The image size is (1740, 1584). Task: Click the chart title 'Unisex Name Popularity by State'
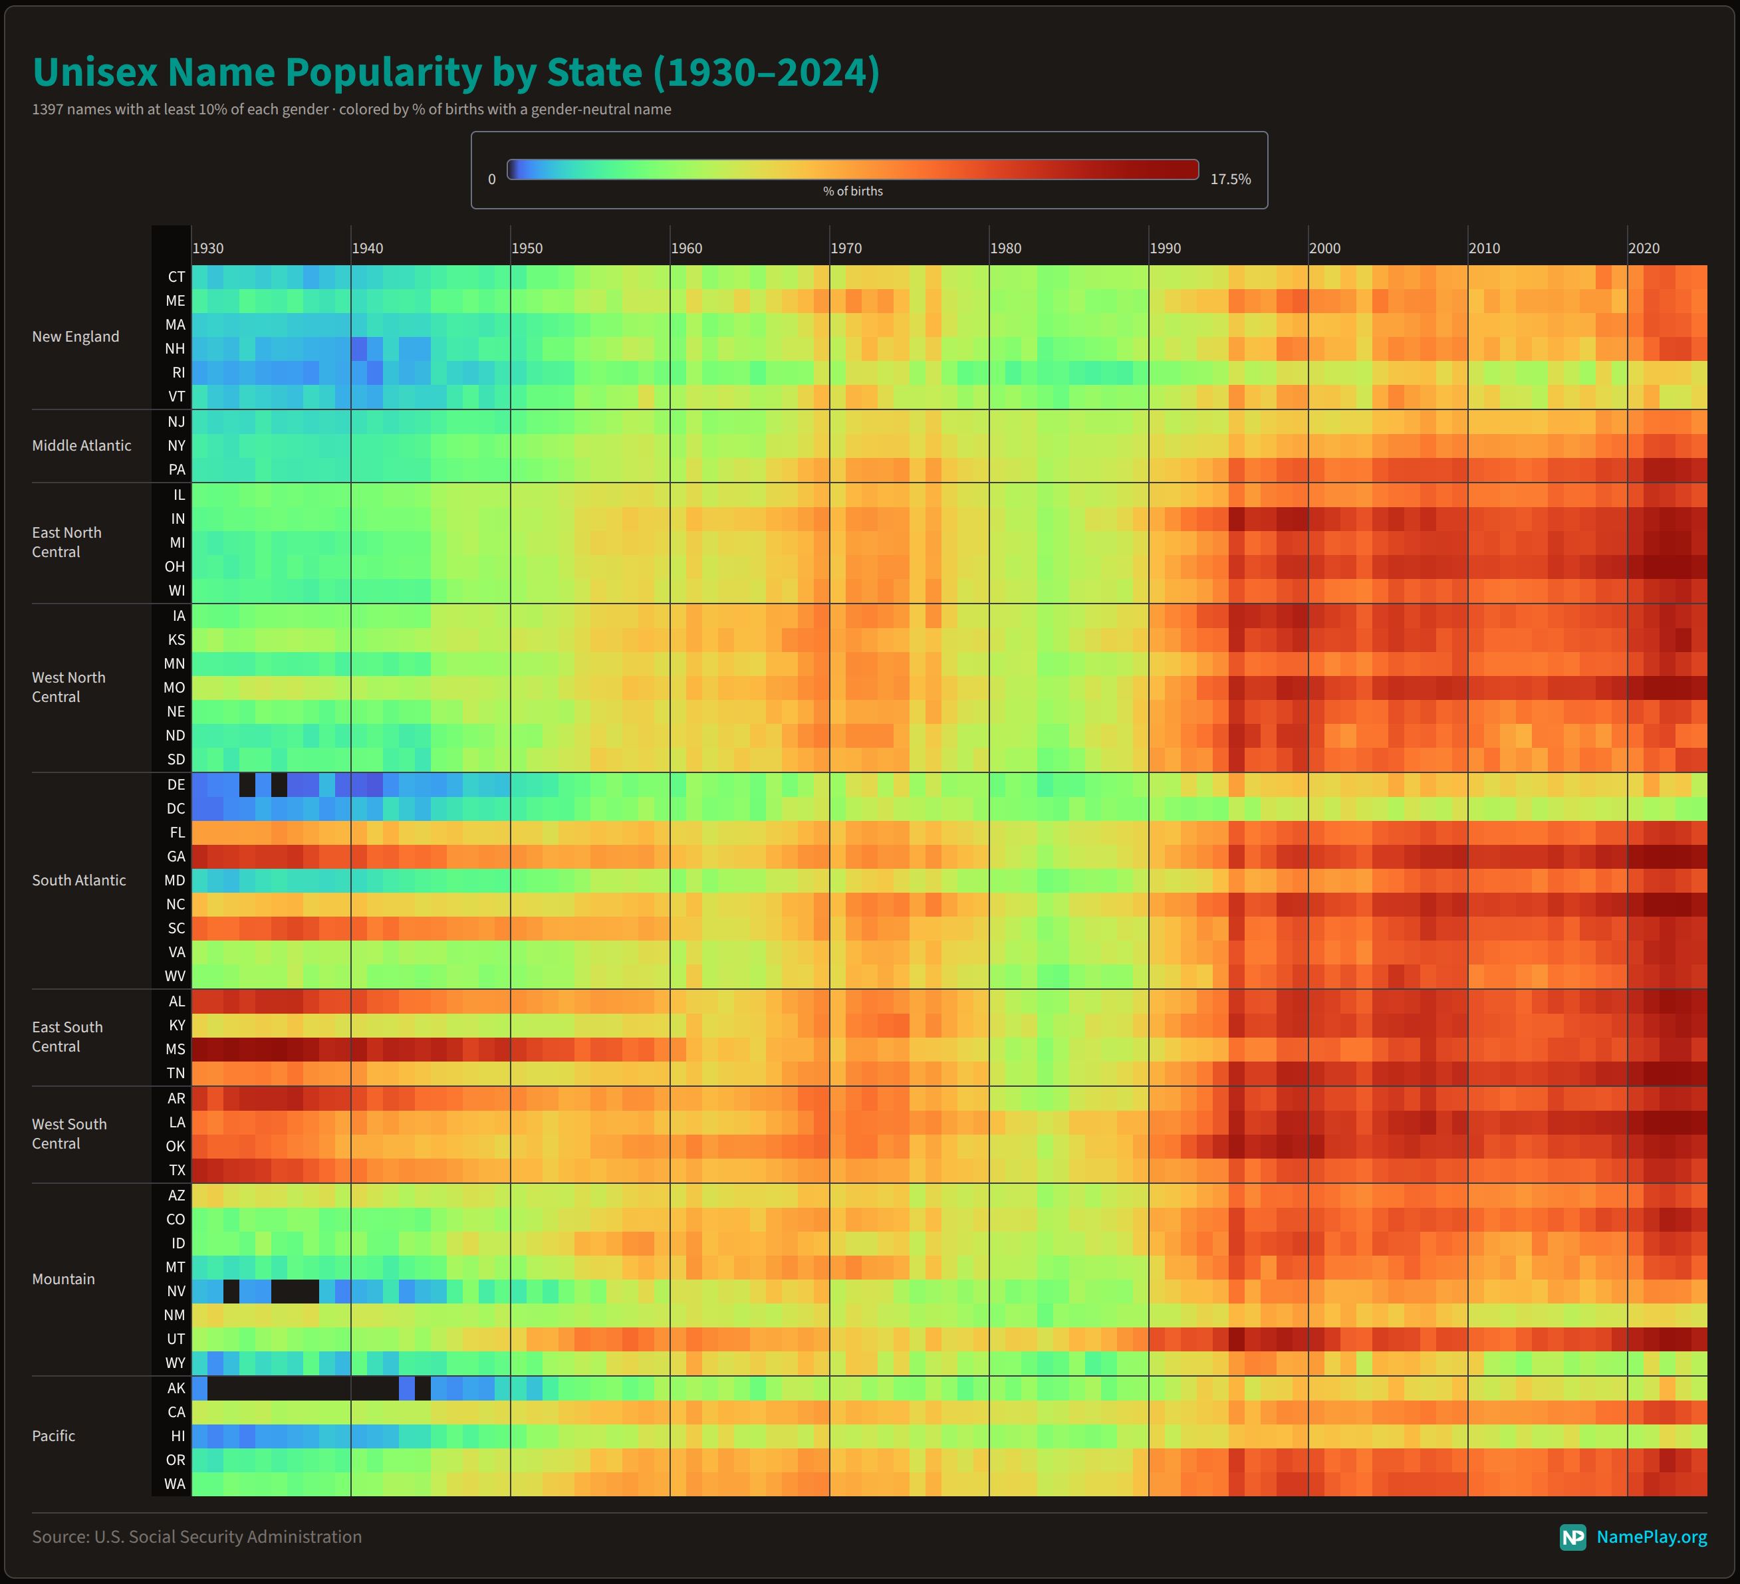(x=455, y=72)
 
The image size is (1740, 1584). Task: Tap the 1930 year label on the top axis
(x=208, y=249)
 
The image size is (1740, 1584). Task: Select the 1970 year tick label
(x=846, y=249)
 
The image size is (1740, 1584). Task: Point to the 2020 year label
(x=1644, y=249)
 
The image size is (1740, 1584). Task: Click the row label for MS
(x=176, y=1049)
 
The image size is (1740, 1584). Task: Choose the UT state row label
(x=176, y=1339)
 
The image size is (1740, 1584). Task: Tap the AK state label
(x=176, y=1388)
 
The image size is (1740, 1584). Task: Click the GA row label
(x=176, y=857)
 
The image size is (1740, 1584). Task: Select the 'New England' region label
(x=76, y=336)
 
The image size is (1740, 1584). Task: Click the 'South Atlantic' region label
(x=78, y=880)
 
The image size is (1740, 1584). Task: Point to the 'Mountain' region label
(x=63, y=1279)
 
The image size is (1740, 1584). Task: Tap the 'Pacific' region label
(x=53, y=1436)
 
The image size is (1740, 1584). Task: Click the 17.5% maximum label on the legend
(x=1230, y=179)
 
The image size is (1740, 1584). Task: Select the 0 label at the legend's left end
(x=492, y=179)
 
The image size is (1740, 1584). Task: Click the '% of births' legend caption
(x=853, y=191)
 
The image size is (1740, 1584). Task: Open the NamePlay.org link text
(x=1651, y=1537)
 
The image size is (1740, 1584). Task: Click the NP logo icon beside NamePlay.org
(x=1572, y=1537)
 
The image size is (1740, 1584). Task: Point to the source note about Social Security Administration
(x=197, y=1537)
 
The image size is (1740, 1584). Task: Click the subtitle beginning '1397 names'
(x=351, y=110)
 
